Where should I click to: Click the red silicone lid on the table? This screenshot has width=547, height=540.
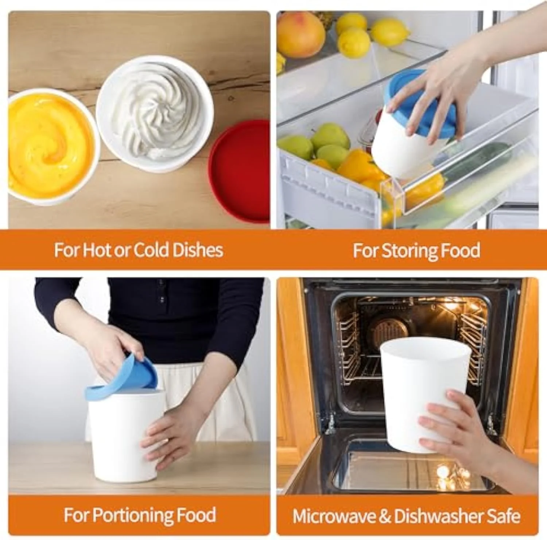[240, 171]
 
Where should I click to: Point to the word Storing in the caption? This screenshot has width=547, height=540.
[409, 251]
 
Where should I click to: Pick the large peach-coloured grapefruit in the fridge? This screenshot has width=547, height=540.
[300, 35]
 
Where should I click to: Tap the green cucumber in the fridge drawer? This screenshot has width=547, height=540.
[474, 162]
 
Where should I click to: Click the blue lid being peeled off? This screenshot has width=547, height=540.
[124, 377]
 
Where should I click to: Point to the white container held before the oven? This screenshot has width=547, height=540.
[424, 394]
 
